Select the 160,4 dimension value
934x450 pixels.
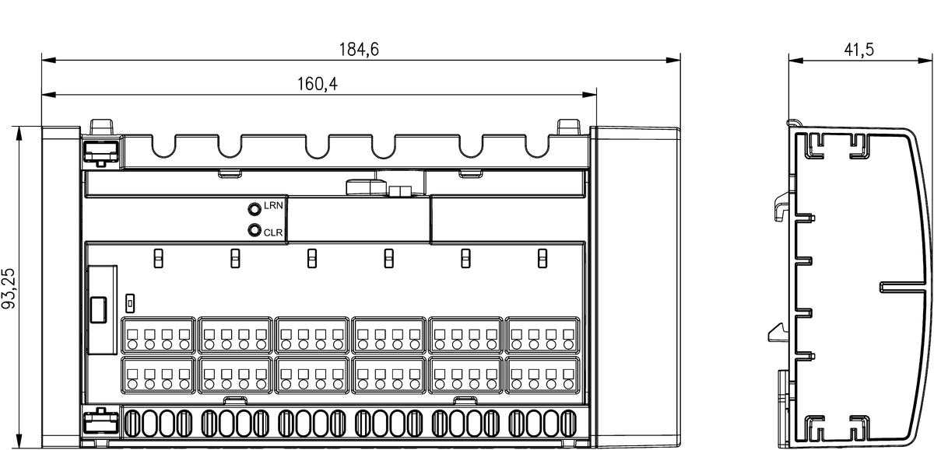[x=318, y=83]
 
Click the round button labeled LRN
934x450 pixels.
[x=254, y=208]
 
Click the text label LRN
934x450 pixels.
[x=273, y=206]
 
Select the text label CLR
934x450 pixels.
[x=273, y=232]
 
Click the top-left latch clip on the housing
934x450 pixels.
[x=100, y=150]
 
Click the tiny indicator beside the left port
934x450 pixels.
[x=130, y=300]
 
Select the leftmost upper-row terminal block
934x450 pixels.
[x=158, y=335]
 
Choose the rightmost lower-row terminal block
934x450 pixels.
[x=542, y=375]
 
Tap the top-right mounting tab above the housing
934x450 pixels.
[x=569, y=127]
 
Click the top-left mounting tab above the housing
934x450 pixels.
[x=102, y=127]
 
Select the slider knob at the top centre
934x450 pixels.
[x=366, y=187]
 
